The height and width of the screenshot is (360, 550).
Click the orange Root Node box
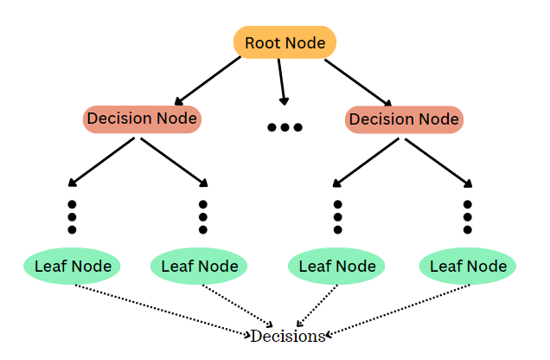(285, 42)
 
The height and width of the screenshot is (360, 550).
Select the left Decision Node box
(143, 119)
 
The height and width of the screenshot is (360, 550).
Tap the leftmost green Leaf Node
(72, 266)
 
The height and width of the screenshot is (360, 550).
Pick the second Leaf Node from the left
(200, 266)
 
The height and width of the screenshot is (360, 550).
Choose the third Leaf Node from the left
(337, 266)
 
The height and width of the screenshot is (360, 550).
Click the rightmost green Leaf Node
(468, 266)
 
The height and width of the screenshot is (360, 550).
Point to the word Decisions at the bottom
(288, 336)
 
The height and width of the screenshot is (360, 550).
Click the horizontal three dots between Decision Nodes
(285, 127)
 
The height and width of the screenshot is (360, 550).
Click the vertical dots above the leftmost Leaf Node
(72, 216)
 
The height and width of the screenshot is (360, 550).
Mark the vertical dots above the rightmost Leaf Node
(468, 216)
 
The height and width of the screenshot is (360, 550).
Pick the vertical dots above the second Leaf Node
(202, 216)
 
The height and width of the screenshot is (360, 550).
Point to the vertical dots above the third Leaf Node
(338, 216)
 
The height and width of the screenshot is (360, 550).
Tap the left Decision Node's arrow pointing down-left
(101, 161)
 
